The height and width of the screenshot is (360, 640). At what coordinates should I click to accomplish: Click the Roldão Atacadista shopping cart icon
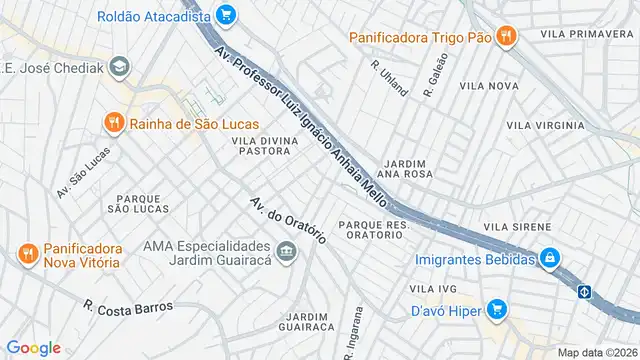[x=225, y=15]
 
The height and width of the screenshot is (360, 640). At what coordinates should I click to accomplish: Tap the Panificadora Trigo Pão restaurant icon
[x=507, y=37]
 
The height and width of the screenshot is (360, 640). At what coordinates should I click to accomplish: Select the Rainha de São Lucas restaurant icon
[x=114, y=123]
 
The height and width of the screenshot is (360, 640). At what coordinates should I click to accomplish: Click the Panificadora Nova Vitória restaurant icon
[x=27, y=253]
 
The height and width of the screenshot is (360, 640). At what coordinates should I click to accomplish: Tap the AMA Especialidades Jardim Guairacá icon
[x=287, y=250]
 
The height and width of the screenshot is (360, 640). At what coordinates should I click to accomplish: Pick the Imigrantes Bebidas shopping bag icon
[x=548, y=258]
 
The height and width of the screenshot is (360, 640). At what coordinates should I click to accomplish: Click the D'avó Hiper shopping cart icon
[x=497, y=310]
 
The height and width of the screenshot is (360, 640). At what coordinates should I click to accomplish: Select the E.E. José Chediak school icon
[x=120, y=67]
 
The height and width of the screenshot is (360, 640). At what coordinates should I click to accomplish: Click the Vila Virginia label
[x=545, y=125]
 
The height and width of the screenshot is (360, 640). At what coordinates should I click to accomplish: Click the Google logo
[x=33, y=348]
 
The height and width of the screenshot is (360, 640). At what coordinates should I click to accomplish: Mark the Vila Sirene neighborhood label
[x=517, y=227]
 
